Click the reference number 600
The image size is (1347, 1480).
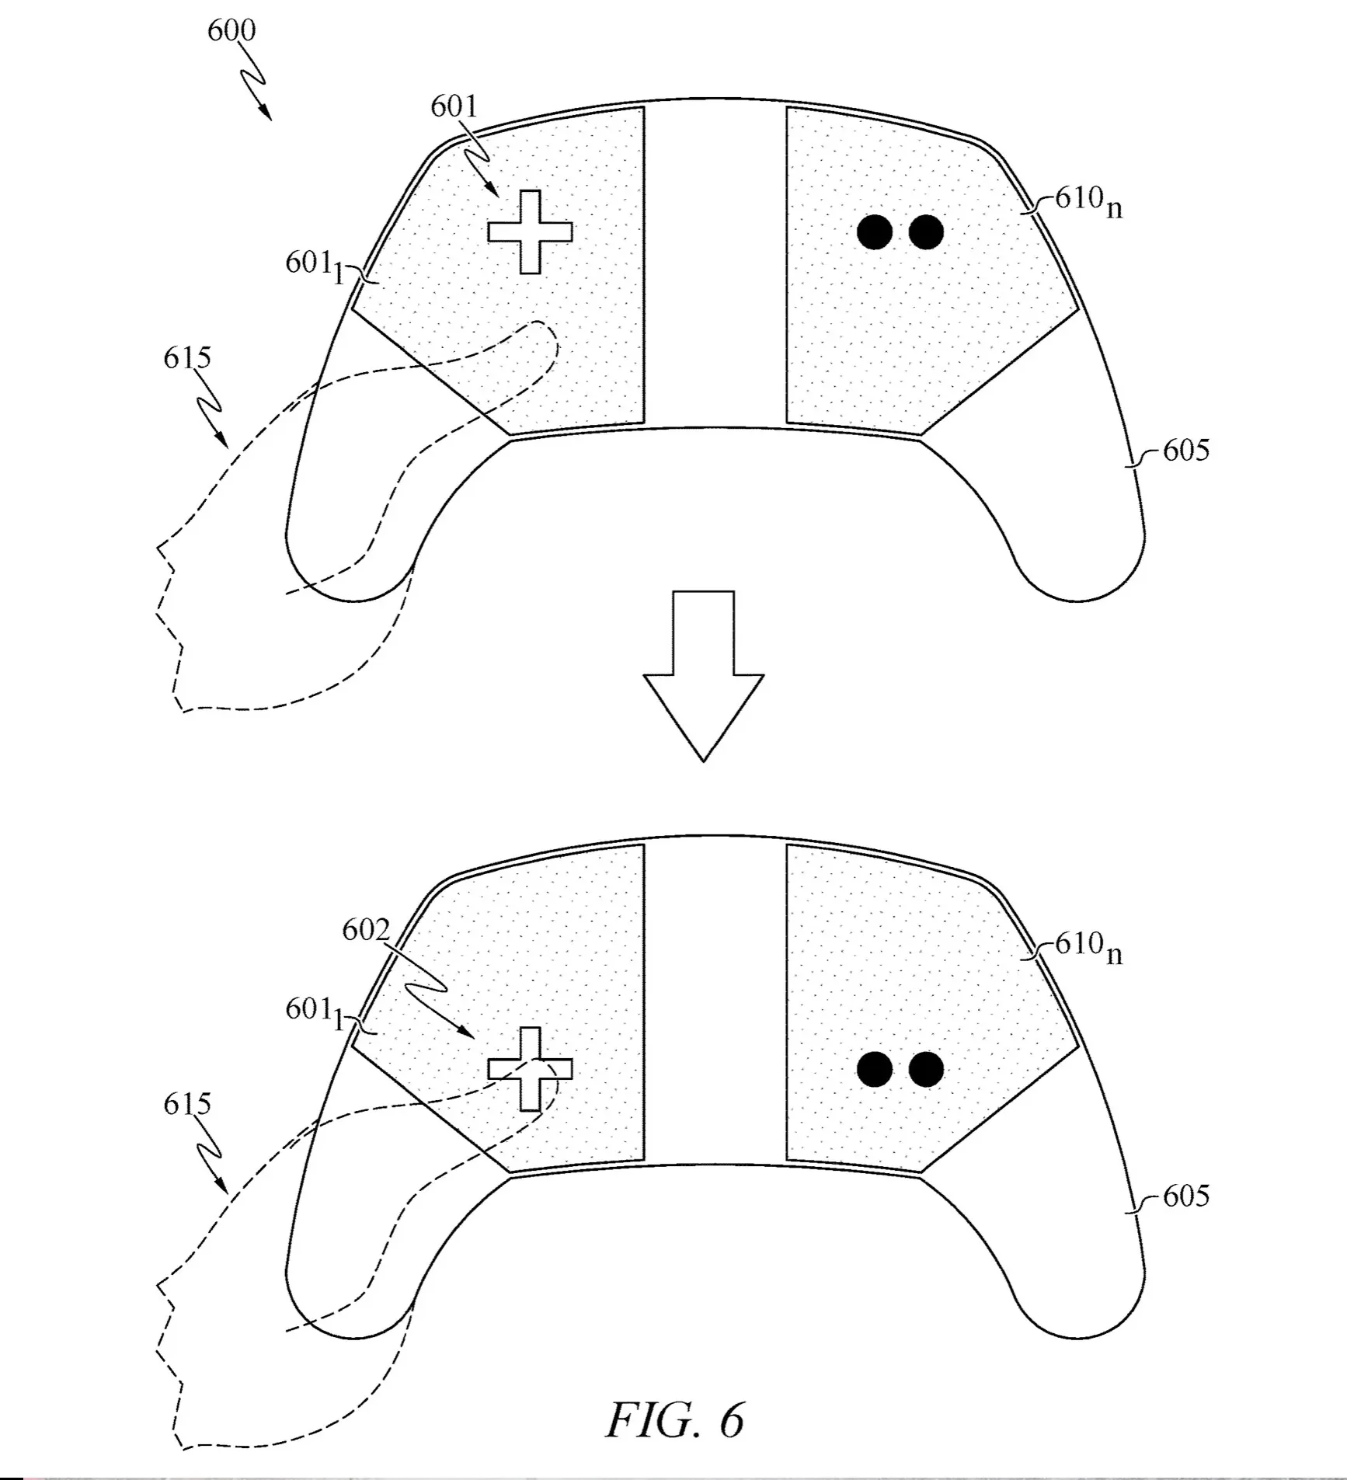(x=231, y=30)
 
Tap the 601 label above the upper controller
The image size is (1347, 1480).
(x=454, y=106)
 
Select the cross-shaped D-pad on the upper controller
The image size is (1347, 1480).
(x=531, y=232)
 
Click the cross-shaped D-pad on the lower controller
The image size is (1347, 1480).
(x=531, y=1069)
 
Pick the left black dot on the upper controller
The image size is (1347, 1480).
(x=875, y=232)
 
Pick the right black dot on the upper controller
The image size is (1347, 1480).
(x=926, y=232)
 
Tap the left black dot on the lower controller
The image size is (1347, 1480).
(x=875, y=1069)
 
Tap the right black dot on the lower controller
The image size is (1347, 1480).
(x=926, y=1069)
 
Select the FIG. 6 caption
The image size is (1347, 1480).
(x=675, y=1419)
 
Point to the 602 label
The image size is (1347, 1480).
(x=366, y=930)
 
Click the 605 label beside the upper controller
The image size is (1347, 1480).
(x=1186, y=451)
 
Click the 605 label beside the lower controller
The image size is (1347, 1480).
(x=1186, y=1196)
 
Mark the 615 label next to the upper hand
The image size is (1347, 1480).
(x=187, y=358)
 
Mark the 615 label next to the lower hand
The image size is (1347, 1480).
(x=187, y=1104)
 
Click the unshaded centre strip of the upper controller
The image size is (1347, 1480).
(x=715, y=264)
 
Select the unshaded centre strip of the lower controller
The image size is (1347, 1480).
(x=715, y=1002)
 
